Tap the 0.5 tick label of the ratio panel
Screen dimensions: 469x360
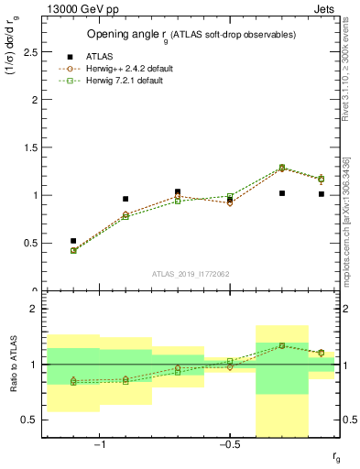(29, 420)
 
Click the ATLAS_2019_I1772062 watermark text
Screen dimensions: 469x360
(191, 273)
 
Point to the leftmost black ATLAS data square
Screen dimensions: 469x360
(73, 241)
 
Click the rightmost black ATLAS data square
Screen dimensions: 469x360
(321, 194)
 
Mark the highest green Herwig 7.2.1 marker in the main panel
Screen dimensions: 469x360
(282, 168)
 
